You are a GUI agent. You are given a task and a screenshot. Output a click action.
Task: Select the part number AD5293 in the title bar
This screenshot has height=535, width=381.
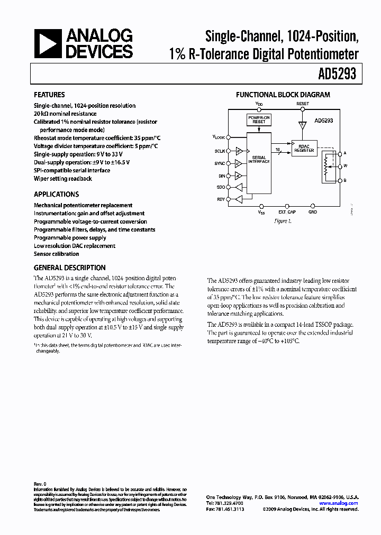[x=337, y=75]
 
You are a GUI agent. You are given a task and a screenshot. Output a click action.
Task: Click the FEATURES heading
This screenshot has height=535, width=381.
[x=49, y=95]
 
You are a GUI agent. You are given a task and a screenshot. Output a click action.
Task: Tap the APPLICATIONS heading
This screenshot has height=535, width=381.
[x=56, y=195]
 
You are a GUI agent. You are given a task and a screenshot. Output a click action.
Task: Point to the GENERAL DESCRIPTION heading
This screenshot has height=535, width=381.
[x=69, y=268]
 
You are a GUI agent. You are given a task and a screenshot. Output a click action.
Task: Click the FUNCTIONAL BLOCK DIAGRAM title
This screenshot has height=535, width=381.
[x=283, y=95]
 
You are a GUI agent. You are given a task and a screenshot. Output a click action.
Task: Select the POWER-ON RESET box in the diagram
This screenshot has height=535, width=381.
[x=258, y=119]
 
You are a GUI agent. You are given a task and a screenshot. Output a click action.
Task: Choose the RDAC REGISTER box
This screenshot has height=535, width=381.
[x=304, y=149]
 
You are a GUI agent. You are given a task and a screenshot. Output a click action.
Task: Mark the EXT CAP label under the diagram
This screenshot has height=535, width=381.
[x=287, y=213]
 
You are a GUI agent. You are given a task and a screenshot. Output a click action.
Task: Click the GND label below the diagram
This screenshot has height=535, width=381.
[x=313, y=213]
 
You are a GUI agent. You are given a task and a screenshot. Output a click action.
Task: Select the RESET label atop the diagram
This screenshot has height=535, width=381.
[x=303, y=104]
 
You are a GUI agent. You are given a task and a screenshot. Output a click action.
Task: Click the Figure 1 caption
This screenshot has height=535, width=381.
[x=283, y=221]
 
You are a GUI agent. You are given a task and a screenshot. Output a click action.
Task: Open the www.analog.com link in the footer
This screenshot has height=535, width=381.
[x=338, y=503]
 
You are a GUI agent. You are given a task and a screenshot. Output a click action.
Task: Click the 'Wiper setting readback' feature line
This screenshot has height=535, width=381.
[x=62, y=179]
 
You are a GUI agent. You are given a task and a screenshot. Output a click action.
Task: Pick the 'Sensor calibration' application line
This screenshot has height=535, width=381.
[x=56, y=254]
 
